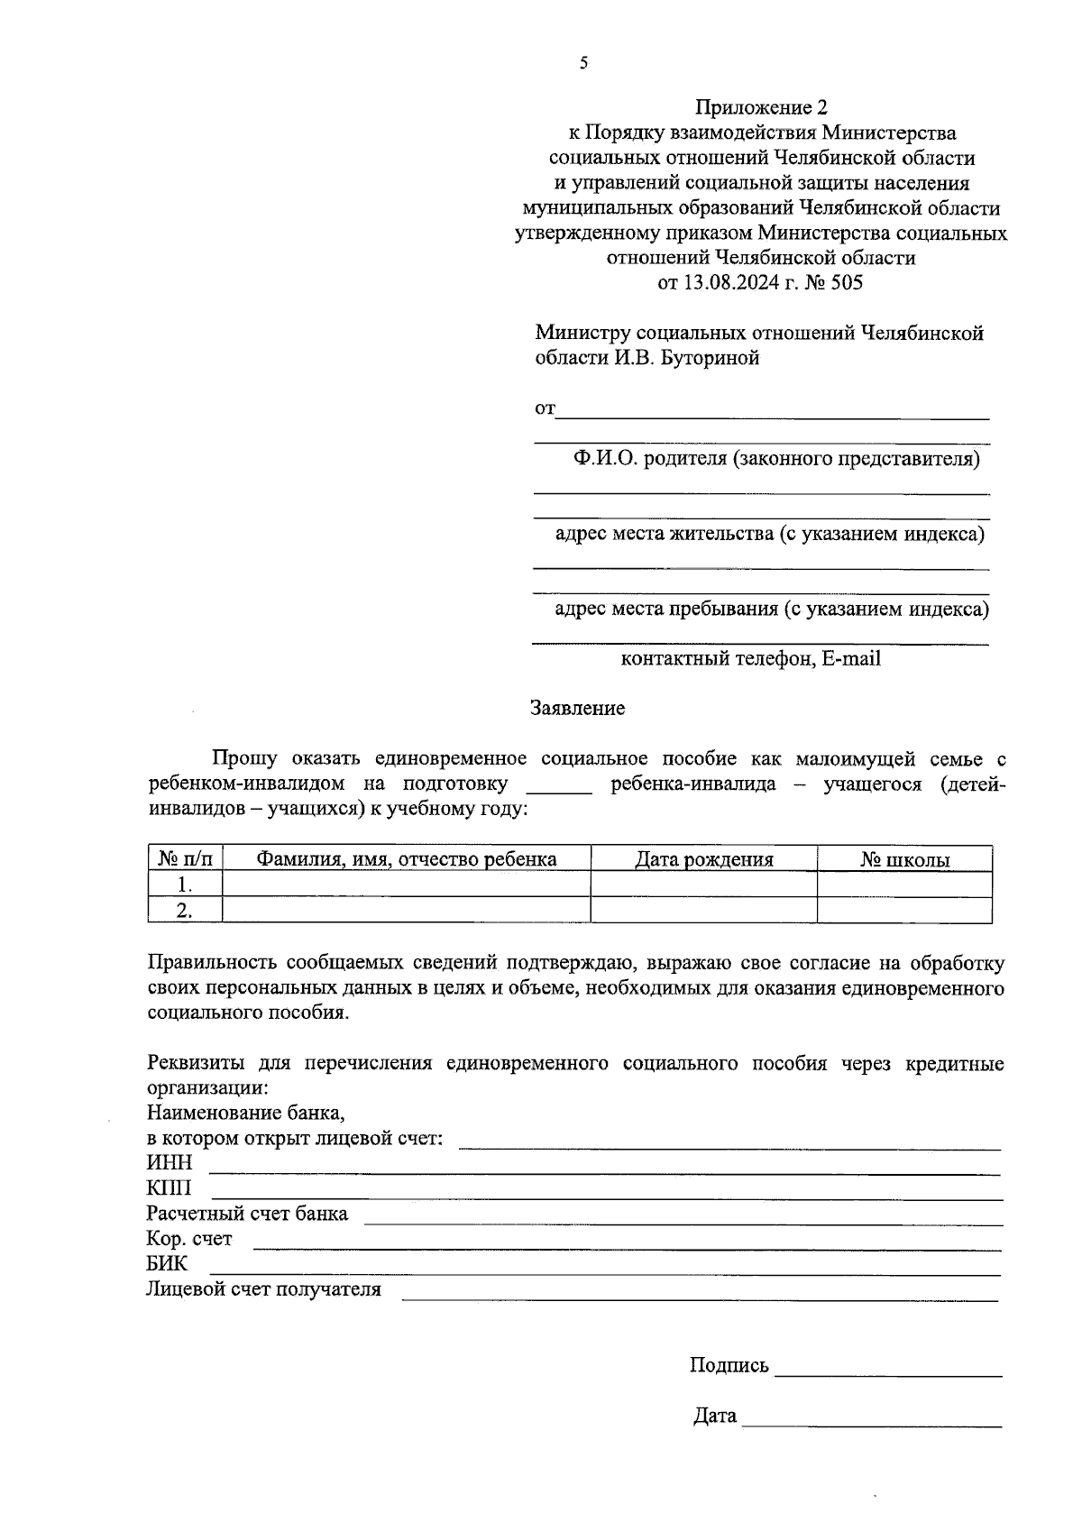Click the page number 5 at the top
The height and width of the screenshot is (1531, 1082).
point(583,63)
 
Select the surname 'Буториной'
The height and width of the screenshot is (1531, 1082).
point(711,358)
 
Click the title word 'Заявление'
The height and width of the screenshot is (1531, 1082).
point(577,708)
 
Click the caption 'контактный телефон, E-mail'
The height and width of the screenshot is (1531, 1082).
point(750,658)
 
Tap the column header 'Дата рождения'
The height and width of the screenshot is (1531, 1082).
point(703,859)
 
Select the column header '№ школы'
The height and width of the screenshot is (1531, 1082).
point(904,859)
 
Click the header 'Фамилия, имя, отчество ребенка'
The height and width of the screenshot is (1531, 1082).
point(406,859)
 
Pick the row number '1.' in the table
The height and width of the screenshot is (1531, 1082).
point(185,885)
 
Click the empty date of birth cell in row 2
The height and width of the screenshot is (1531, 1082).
point(703,911)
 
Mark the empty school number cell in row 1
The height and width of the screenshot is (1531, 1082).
point(904,885)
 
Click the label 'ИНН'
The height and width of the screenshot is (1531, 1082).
point(170,1163)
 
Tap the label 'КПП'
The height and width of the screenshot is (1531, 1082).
point(170,1188)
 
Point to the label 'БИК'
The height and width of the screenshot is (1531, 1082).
point(167,1264)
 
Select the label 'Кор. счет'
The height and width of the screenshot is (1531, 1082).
point(189,1239)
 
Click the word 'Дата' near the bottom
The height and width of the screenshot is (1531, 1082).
point(715,1416)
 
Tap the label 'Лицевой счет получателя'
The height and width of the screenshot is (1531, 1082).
point(263,1289)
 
